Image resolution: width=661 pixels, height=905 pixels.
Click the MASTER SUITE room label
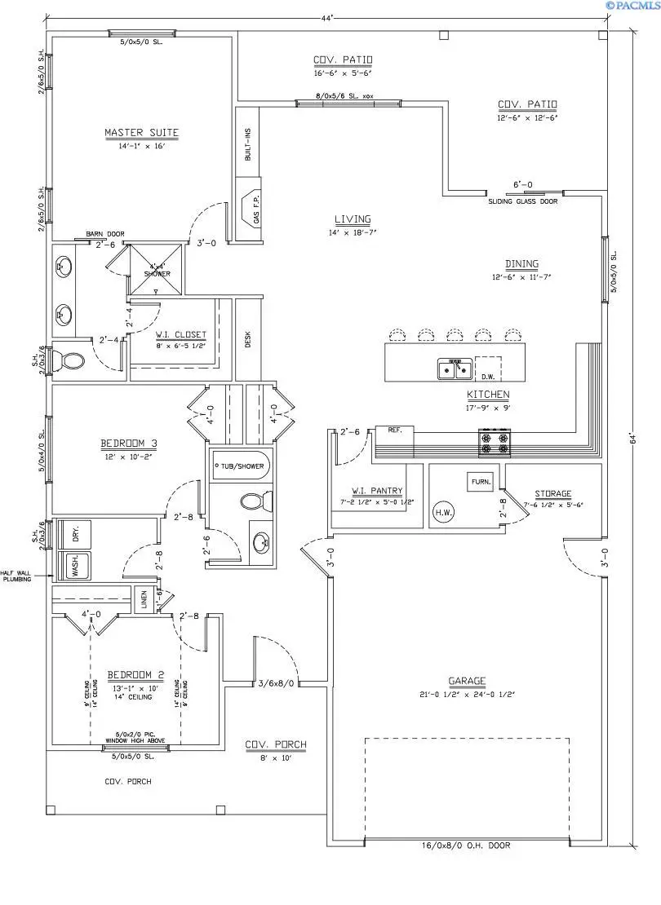[x=141, y=133]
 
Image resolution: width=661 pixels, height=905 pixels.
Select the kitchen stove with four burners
[x=495, y=442]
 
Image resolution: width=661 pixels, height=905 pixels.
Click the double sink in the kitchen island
[x=455, y=369]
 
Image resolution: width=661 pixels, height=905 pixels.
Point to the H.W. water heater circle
[x=444, y=512]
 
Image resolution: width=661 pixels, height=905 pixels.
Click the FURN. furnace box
[x=480, y=482]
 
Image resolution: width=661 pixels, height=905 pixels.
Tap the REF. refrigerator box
[x=395, y=430]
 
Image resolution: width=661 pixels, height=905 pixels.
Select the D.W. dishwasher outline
[x=488, y=369]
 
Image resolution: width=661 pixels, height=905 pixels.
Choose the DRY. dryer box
[x=75, y=536]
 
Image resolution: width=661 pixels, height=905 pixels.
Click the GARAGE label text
[x=467, y=681]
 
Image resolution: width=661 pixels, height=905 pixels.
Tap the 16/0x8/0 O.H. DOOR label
[x=468, y=845]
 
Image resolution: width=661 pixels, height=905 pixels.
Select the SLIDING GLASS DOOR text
[x=523, y=201]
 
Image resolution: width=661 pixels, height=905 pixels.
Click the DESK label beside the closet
[x=247, y=338]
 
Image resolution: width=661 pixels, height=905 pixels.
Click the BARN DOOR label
[x=104, y=235]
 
